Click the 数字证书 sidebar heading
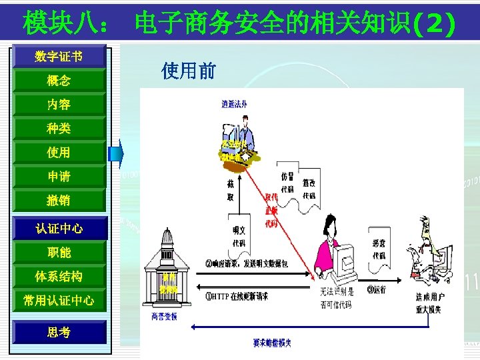59,57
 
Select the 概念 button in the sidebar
59,81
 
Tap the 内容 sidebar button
59,105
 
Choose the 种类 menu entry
59,129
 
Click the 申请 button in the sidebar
59,177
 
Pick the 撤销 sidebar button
59,201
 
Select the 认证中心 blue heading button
59,229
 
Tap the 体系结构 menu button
59,277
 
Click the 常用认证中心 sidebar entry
59,301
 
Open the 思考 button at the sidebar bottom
59,332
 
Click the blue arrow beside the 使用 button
117,153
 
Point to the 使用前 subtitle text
189,71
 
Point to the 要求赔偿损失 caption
271,343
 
